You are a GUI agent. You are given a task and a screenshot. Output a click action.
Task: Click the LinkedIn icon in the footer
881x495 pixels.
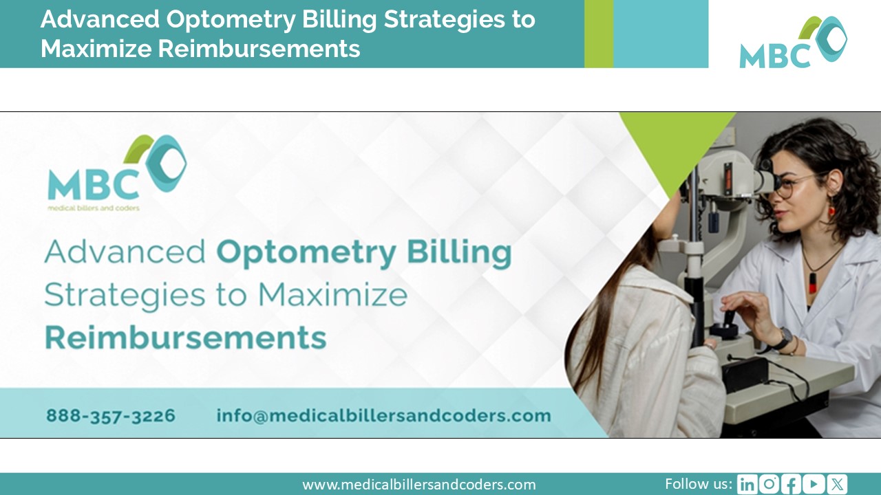747,484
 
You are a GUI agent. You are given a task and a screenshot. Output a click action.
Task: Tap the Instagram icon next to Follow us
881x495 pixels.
769,484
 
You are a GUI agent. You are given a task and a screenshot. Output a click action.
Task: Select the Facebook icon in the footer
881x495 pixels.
792,484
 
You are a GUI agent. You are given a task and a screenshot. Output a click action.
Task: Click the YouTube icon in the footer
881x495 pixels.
814,484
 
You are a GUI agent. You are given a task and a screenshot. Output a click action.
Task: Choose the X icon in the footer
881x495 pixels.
837,484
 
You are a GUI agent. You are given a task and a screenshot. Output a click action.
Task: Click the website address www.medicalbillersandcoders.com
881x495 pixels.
418,485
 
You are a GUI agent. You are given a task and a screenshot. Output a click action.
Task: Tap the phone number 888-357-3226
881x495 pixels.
111,416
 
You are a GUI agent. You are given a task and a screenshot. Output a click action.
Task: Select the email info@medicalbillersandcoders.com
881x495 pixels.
383,416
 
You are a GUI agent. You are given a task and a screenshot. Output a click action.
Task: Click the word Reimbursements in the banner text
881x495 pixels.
185,338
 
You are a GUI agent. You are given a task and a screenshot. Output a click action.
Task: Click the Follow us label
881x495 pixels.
699,483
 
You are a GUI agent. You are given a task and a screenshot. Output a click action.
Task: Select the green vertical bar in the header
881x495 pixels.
598,34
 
